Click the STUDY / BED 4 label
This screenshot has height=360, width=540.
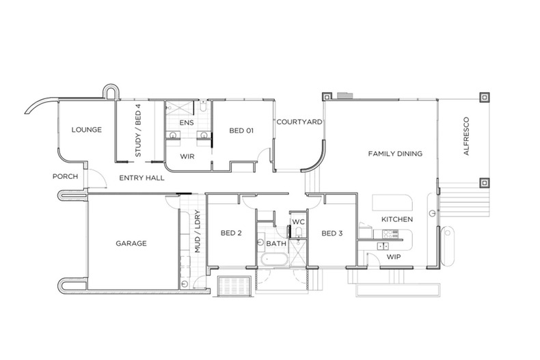point(139,130)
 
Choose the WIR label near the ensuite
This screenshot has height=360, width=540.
point(189,156)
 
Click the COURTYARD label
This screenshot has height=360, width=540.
point(299,122)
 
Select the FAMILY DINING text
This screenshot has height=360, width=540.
point(395,154)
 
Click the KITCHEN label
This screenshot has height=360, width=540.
point(396,219)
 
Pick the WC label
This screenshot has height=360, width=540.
point(297,222)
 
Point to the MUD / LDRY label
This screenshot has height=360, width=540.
point(197,231)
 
